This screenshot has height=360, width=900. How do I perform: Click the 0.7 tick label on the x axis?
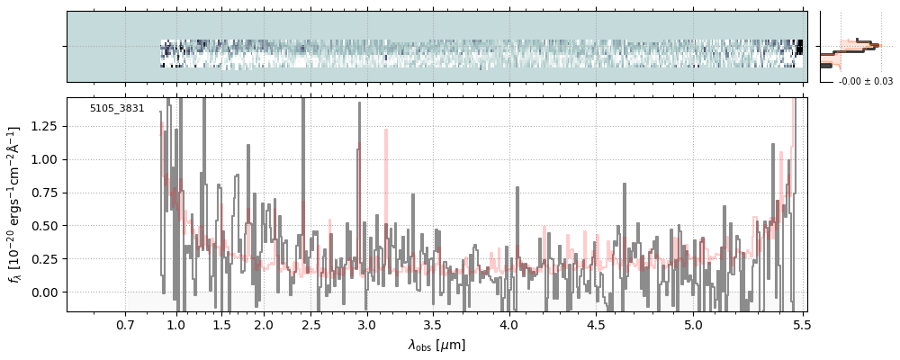pos(125,324)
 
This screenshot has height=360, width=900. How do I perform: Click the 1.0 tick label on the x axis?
pos(176,324)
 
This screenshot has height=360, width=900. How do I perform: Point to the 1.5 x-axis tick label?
pos(221,324)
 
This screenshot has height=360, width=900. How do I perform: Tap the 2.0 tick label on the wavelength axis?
pos(263,324)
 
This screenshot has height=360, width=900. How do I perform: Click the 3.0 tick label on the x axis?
pos(365,324)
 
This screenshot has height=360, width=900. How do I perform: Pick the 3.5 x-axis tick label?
pos(433,324)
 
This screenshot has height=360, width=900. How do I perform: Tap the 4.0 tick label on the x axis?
pos(509,324)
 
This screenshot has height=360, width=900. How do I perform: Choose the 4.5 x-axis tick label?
pos(598,324)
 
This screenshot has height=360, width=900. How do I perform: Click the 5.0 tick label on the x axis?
pos(693,324)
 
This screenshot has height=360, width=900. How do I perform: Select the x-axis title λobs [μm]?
pos(436,345)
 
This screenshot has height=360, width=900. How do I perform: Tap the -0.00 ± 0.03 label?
pos(865,82)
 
